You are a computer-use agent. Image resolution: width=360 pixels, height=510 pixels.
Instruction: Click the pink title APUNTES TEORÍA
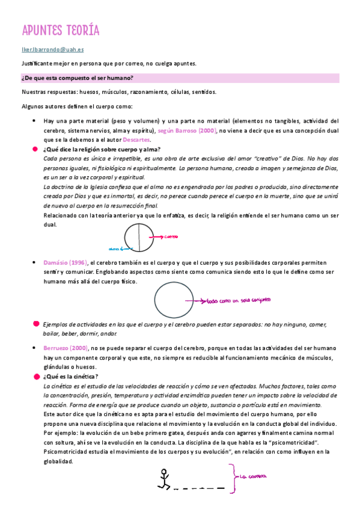pyautogui.click(x=61, y=31)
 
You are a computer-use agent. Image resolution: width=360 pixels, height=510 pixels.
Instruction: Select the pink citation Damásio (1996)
pyautogui.click(x=66, y=262)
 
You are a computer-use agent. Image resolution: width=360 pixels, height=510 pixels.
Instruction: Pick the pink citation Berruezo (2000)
pyautogui.click(x=66, y=348)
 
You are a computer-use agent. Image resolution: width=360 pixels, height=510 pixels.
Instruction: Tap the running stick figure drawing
pyautogui.click(x=162, y=477)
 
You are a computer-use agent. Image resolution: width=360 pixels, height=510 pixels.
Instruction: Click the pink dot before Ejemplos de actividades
pyautogui.click(x=37, y=324)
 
